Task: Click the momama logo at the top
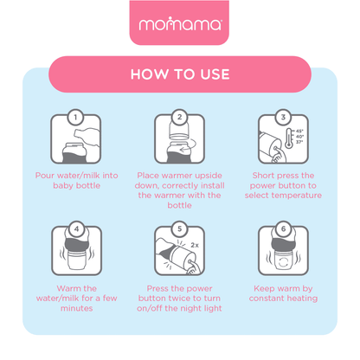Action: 180,24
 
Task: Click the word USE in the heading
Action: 215,74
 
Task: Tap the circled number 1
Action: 75,117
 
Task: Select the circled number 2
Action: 179,117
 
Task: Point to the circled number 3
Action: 283,117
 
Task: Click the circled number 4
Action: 76,229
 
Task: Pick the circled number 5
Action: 179,229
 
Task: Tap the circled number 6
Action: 283,229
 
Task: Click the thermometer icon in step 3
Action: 289,138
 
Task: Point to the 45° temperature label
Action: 299,131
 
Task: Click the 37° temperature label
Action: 299,142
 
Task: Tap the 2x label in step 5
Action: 195,245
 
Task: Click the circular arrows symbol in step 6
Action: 283,262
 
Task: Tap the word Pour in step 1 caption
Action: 45,176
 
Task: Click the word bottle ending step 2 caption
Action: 179,205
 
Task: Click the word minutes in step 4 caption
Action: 77,308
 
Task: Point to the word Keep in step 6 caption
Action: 264,289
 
